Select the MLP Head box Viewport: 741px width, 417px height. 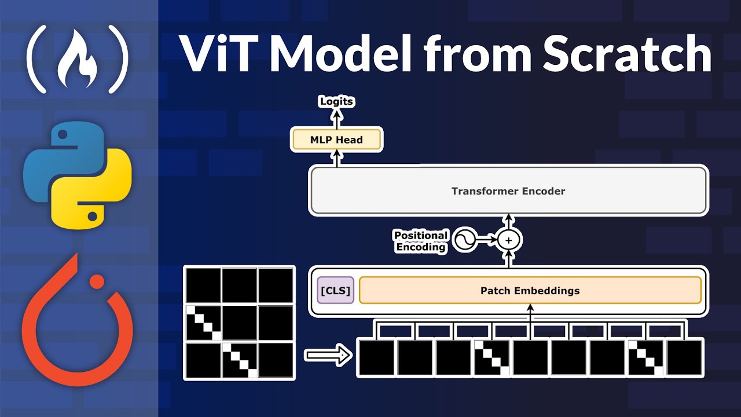click(336, 140)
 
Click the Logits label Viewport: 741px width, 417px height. click(336, 101)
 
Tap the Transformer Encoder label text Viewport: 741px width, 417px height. click(508, 191)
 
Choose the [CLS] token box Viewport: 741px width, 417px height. click(336, 290)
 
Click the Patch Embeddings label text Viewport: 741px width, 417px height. click(530, 290)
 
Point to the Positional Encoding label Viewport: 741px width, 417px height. click(421, 241)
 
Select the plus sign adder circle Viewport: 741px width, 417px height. click(509, 239)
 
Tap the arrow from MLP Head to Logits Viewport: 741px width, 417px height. click(336, 118)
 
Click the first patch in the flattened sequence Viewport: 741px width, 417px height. click(376, 357)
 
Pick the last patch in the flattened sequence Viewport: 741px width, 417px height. click(685, 357)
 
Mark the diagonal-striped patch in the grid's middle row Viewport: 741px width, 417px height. click(203, 322)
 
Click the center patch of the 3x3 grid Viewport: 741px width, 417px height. click(239, 322)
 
